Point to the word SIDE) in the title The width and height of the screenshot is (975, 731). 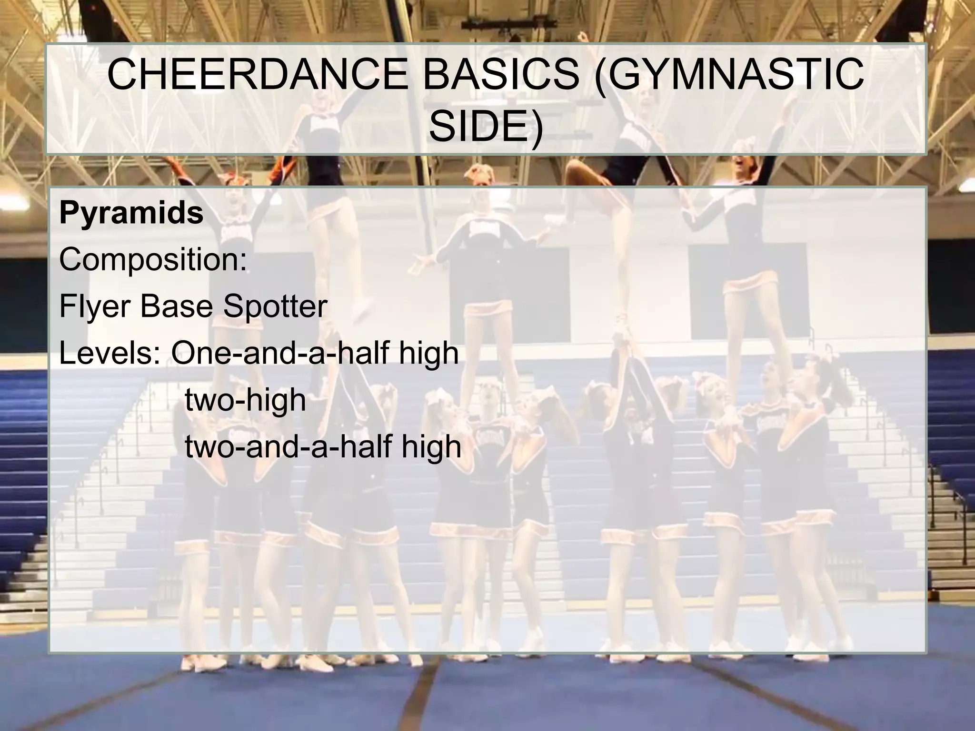click(x=486, y=127)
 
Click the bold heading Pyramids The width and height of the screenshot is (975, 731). click(x=131, y=213)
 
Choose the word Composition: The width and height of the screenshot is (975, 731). click(x=153, y=259)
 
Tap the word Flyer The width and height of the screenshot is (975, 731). click(x=95, y=306)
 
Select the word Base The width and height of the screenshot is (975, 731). click(x=176, y=306)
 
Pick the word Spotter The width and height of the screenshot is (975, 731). click(x=275, y=306)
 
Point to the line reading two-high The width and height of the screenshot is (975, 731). click(x=245, y=399)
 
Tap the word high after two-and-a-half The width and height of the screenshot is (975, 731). click(x=432, y=446)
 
